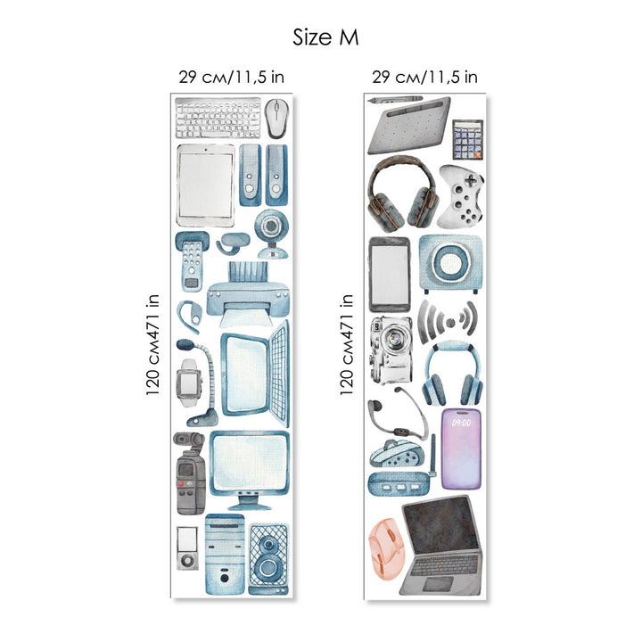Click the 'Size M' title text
[x=325, y=37]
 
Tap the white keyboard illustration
[x=218, y=118]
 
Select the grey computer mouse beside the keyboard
[x=276, y=119]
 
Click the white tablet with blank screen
[x=206, y=185]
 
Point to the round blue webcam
[x=270, y=234]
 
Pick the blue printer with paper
[x=248, y=294]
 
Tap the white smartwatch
[x=189, y=383]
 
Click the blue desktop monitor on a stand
[x=250, y=471]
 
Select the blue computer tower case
[x=225, y=555]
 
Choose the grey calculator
[x=468, y=140]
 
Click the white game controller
[x=461, y=196]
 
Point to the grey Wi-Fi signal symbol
[x=449, y=321]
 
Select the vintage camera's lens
[x=394, y=339]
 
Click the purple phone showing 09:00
[x=461, y=449]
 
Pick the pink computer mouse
[x=387, y=548]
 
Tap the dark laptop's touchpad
[x=438, y=583]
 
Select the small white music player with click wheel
[x=187, y=548]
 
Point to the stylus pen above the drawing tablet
[x=395, y=100]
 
